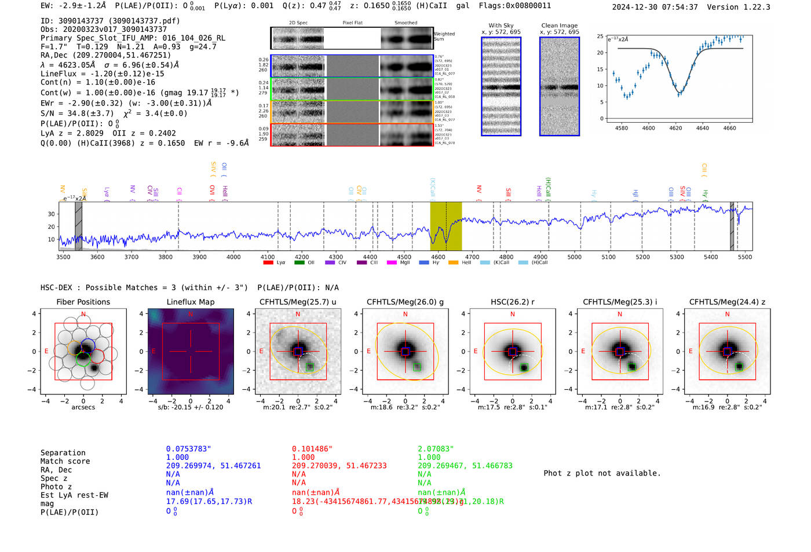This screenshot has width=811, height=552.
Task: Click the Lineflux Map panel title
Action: click(190, 302)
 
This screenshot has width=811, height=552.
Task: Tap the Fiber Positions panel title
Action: click(83, 302)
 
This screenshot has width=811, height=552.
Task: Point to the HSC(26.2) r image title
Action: click(512, 302)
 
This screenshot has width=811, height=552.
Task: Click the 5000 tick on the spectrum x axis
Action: click(574, 257)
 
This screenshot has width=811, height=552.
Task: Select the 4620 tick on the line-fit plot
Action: click(675, 128)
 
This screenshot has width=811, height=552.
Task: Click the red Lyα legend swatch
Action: click(268, 263)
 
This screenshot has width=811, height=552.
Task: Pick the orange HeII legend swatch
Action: click(453, 263)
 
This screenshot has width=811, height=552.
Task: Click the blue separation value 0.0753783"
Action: click(188, 449)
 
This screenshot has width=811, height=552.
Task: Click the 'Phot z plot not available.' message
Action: click(602, 473)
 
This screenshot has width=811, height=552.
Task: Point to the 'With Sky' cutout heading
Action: click(501, 25)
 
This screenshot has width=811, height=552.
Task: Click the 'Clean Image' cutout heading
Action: click(559, 25)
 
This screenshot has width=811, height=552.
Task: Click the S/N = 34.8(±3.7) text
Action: click(77, 114)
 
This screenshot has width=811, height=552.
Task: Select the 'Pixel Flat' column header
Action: click(352, 23)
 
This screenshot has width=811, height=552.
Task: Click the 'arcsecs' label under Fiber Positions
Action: click(83, 407)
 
